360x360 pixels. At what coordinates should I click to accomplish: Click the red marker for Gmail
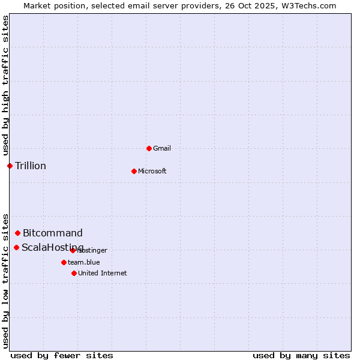149,148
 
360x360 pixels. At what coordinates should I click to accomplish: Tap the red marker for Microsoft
134,171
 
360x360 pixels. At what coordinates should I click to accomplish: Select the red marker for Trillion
10,166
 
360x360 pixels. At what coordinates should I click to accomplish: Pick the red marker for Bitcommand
17,233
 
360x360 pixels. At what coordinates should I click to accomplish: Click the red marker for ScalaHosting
16,247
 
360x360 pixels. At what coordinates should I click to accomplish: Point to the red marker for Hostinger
73,250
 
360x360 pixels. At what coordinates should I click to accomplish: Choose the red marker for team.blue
64,262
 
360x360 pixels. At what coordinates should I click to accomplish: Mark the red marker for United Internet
74,273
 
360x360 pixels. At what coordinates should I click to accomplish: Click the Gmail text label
162,148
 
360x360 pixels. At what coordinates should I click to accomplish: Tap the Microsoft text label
152,171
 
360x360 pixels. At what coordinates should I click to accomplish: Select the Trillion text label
31,166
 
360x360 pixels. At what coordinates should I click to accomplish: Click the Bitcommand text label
53,233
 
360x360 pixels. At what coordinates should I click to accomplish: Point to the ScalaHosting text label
53,247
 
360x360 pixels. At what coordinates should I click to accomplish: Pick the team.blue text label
84,262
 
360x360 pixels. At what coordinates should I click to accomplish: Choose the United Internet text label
103,273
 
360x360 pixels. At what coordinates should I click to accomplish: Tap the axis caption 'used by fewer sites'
62,355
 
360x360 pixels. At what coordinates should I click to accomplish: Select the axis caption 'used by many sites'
301,355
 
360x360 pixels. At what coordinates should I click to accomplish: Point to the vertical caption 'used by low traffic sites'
5,281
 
